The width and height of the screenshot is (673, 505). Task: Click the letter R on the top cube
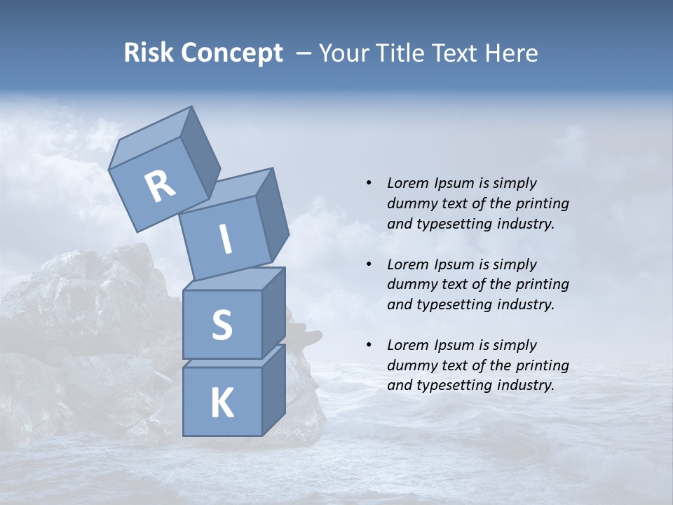pos(160,186)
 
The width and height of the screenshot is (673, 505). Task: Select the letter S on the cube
pos(222,325)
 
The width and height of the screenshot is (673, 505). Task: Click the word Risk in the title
pos(148,53)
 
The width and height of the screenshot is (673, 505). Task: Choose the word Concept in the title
pos(231,53)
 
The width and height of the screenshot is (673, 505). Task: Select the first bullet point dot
pos(369,183)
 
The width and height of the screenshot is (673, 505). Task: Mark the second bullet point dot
pos(369,264)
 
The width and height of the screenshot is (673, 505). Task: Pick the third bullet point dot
pos(369,345)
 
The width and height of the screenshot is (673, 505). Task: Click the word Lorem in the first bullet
pos(407,183)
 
